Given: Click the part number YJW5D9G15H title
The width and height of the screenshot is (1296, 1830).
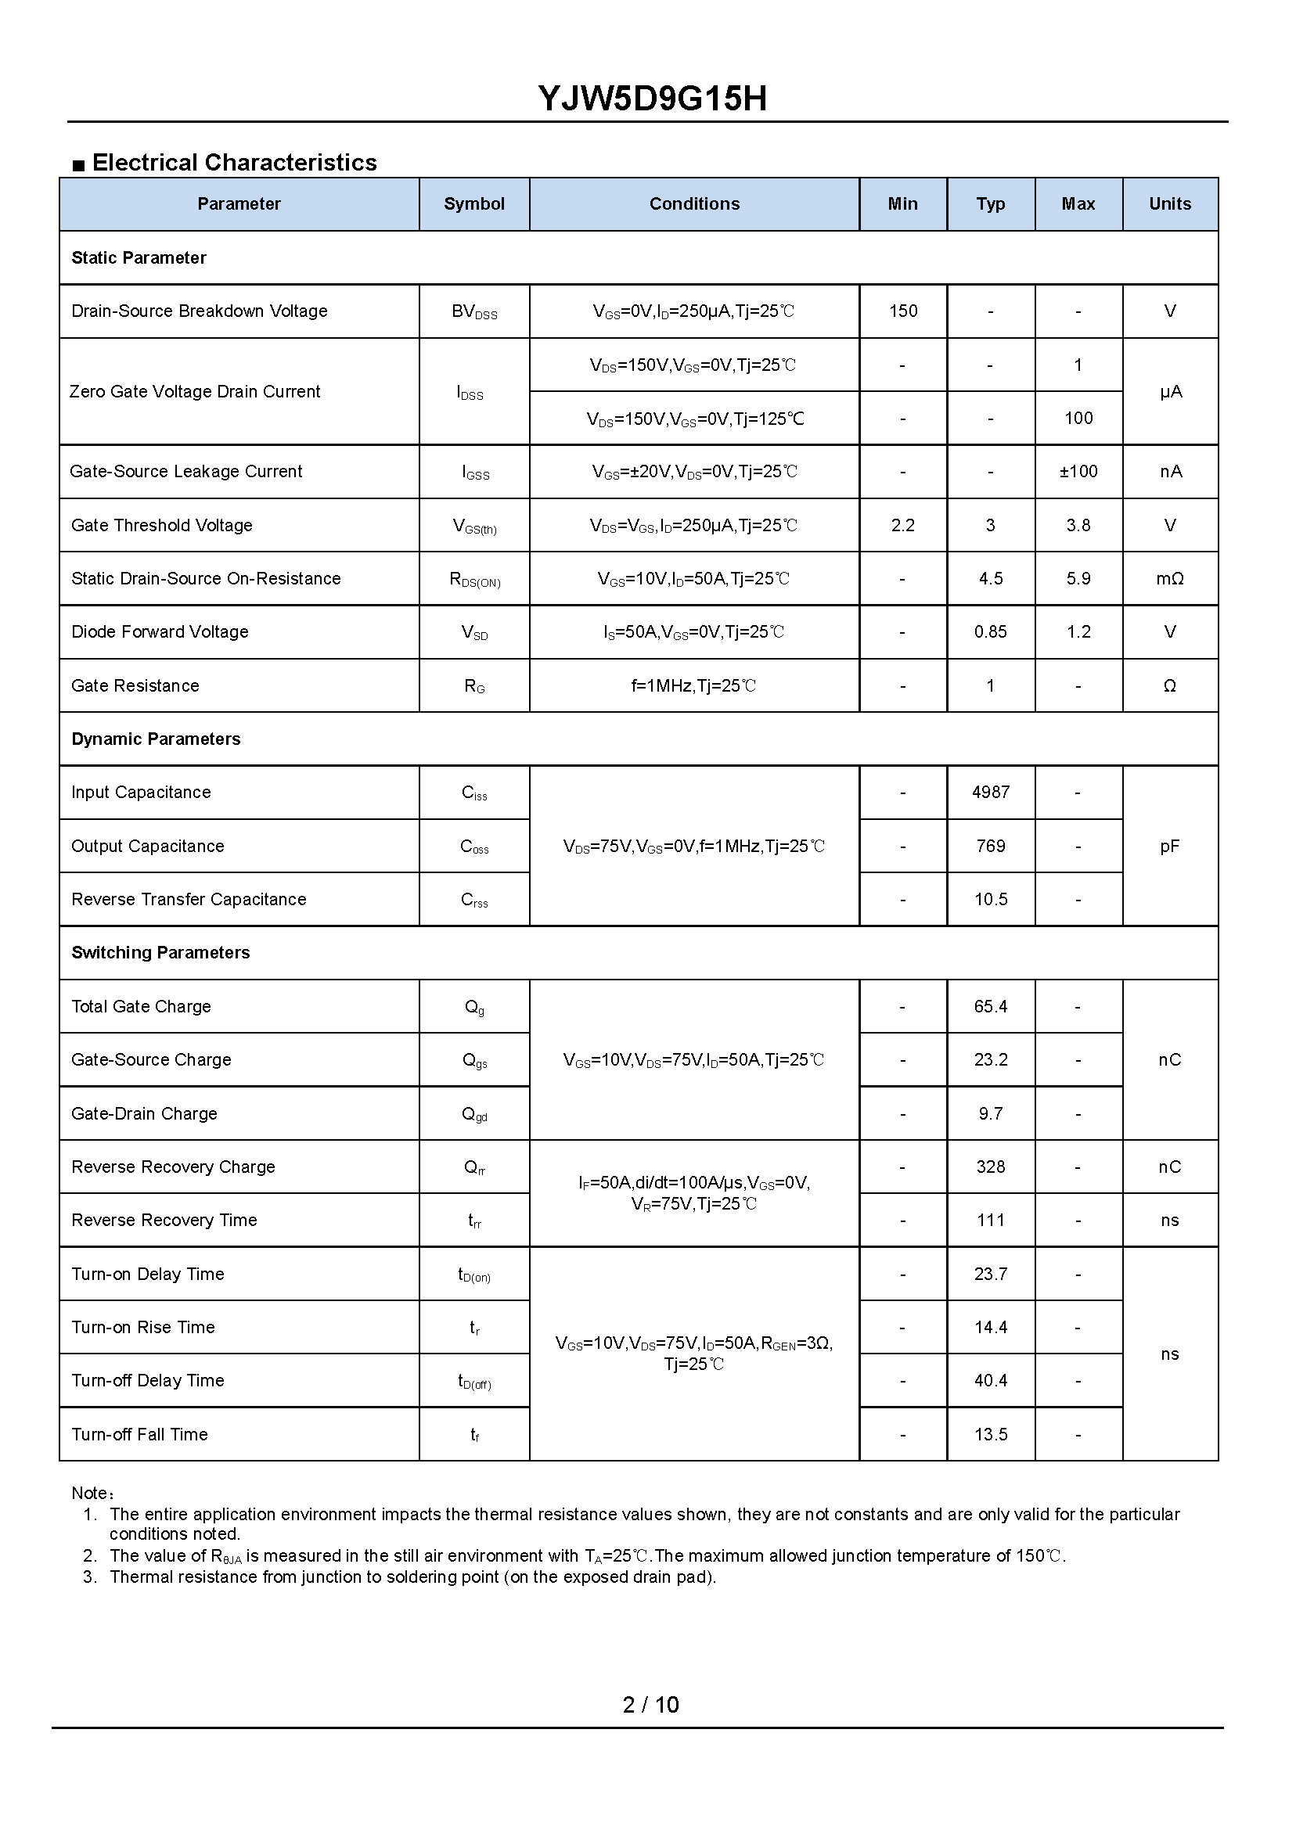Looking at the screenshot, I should (x=652, y=99).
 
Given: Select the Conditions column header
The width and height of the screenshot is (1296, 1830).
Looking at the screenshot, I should (x=693, y=204).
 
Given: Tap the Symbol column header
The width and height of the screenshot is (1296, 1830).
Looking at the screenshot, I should (x=474, y=204).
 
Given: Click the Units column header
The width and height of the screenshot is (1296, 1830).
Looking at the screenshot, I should (x=1169, y=204).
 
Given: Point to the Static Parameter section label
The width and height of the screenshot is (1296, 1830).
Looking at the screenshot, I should (x=139, y=257).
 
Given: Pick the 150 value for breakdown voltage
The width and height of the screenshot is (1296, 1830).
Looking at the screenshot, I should (x=902, y=311).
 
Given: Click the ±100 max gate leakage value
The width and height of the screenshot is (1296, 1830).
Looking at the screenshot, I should (x=1078, y=472).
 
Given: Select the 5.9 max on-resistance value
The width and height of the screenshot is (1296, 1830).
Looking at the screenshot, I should (x=1078, y=578).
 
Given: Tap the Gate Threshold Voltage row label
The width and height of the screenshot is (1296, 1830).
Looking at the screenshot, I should (x=162, y=525).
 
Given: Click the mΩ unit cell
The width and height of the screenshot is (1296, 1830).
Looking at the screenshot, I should (x=1169, y=578).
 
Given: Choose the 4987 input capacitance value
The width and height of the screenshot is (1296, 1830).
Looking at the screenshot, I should (x=990, y=792).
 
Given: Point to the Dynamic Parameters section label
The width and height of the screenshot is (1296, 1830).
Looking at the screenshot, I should (x=156, y=739).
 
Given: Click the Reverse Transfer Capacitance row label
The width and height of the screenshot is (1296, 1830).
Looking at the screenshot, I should (x=189, y=899).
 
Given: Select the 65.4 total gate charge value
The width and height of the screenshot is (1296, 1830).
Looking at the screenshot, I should (x=990, y=1006).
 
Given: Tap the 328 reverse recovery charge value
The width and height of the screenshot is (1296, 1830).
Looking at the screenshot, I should (x=990, y=1167).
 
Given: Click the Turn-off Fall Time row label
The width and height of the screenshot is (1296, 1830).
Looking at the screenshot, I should (x=139, y=1434).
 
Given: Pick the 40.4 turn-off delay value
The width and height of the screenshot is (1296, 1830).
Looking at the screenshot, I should (x=990, y=1380).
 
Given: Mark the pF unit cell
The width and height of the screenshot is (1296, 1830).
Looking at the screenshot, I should (x=1169, y=846).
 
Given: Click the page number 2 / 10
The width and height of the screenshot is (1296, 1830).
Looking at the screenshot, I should (x=650, y=1705).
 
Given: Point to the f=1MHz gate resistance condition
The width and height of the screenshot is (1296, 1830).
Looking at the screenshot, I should (x=693, y=685).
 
